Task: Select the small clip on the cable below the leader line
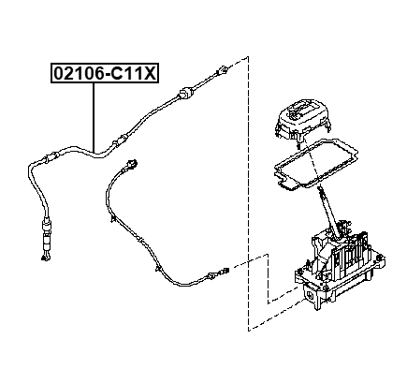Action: (114, 141)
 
